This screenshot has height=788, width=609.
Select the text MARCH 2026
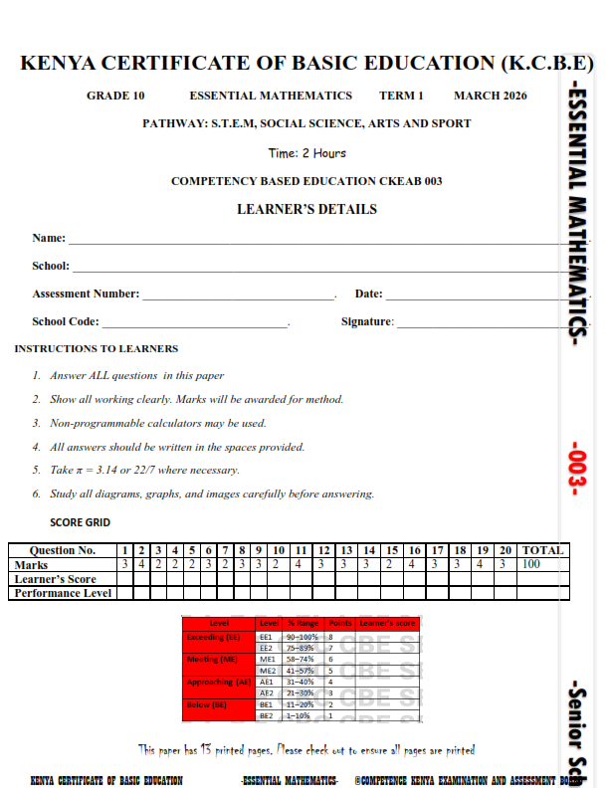point(490,96)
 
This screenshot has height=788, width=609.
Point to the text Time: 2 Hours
point(306,153)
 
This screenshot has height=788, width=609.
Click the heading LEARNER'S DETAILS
point(306,210)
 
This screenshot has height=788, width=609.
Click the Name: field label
point(49,238)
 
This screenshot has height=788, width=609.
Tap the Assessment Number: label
point(86,294)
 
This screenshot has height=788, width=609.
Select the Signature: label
point(367,321)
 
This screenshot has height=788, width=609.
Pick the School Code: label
point(66,321)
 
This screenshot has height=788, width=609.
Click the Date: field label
point(368,294)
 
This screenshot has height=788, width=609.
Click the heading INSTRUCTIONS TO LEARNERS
point(97,349)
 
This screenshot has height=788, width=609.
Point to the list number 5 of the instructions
point(36,470)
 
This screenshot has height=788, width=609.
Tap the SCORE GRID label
point(80,522)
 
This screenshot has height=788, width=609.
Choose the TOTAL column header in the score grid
point(542,550)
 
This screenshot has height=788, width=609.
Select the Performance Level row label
point(62,593)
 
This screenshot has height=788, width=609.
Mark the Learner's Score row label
point(56,579)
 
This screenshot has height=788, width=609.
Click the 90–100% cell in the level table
point(303,636)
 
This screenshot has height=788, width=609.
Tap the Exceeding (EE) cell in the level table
point(213,636)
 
